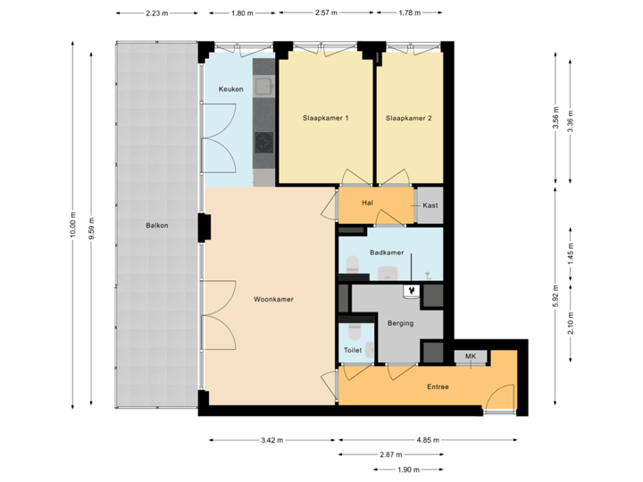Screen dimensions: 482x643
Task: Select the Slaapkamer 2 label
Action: click(x=409, y=118)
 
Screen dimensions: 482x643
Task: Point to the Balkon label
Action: click(x=157, y=225)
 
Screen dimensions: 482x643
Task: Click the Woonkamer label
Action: click(x=274, y=300)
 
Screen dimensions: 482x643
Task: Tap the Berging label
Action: click(x=400, y=323)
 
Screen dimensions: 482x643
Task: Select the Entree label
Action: click(x=437, y=386)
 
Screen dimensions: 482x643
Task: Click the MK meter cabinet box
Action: click(x=470, y=358)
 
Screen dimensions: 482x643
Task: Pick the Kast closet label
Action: click(x=430, y=204)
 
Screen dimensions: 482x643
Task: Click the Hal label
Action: click(x=367, y=204)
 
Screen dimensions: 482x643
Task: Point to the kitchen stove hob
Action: click(x=264, y=142)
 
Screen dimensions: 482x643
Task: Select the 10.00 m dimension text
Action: click(x=73, y=225)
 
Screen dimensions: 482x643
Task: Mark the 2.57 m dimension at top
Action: click(x=328, y=13)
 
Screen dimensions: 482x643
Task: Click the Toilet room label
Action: click(x=353, y=351)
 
